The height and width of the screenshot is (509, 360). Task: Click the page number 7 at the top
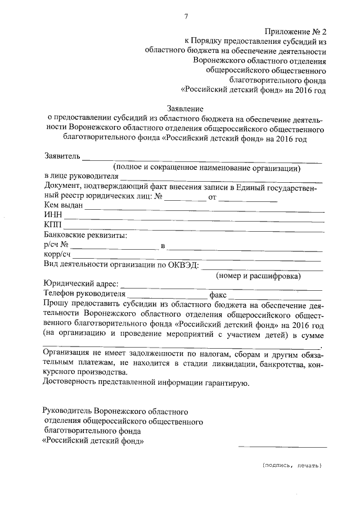(186, 16)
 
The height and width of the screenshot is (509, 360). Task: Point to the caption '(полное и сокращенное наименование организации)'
(206, 168)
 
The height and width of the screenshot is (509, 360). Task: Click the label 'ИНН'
(52, 215)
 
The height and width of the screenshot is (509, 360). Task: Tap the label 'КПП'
(52, 225)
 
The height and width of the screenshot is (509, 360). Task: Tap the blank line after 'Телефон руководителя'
(166, 298)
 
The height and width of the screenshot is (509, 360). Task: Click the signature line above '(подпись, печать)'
(282, 446)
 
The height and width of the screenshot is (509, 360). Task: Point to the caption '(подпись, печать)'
(291, 466)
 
